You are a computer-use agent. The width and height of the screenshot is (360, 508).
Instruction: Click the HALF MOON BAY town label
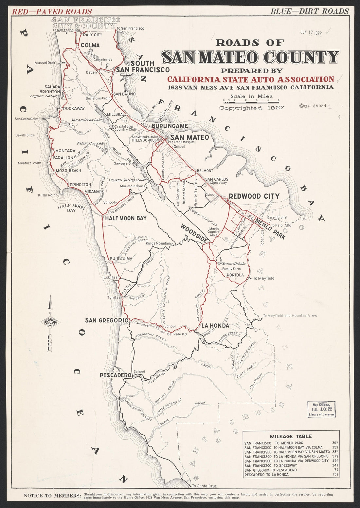pyautogui.click(x=126, y=218)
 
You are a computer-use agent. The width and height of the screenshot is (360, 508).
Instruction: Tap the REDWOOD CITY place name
pyautogui.click(x=254, y=196)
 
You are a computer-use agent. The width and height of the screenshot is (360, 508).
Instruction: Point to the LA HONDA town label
pyautogui.click(x=215, y=325)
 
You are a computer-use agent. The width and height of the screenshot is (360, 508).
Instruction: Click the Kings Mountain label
pyautogui.click(x=158, y=243)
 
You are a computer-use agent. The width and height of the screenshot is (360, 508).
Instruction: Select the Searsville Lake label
pyautogui.click(x=234, y=263)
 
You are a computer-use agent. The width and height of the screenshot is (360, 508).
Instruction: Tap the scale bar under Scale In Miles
pyautogui.click(x=251, y=101)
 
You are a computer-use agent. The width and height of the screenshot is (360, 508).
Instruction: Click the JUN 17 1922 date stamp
pyautogui.click(x=311, y=33)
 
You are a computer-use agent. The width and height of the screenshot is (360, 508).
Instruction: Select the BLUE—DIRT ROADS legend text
pyautogui.click(x=310, y=11)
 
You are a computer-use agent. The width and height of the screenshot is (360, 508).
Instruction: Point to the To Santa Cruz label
pyautogui.click(x=204, y=486)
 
